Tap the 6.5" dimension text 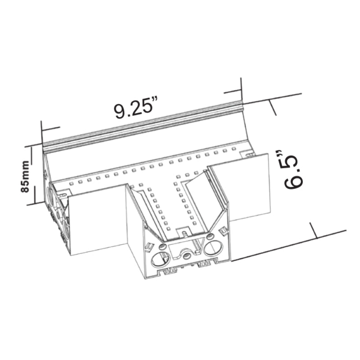tap(293, 169)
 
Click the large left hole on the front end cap tap(161, 259)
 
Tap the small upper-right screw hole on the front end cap tap(210, 236)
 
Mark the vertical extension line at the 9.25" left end tap(41, 131)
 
